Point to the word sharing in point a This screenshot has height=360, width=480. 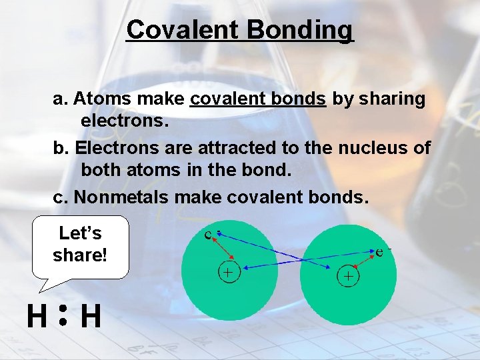[391, 99]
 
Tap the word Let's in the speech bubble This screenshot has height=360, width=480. [80, 233]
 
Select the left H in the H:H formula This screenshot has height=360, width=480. [37, 317]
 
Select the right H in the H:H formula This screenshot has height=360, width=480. [91, 317]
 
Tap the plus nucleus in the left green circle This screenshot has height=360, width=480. [229, 273]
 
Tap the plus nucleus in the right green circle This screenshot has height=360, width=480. [347, 275]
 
